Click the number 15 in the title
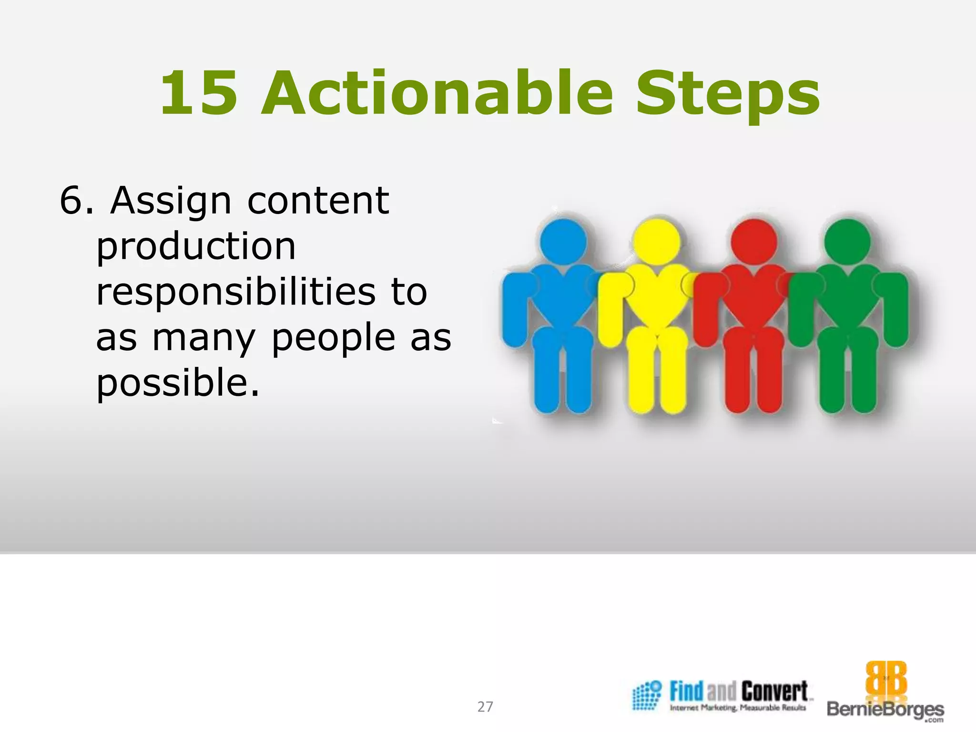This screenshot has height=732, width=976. [199, 93]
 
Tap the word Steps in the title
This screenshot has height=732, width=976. [728, 95]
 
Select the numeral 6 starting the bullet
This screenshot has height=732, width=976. [71, 201]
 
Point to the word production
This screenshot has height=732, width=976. [196, 247]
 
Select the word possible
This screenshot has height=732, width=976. [178, 383]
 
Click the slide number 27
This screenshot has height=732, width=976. [485, 706]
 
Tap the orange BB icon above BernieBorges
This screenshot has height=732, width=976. [886, 679]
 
